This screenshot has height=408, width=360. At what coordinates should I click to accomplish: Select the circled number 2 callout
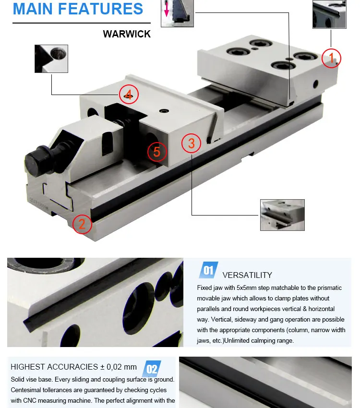point(82,224)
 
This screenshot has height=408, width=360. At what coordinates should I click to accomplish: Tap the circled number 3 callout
point(191,143)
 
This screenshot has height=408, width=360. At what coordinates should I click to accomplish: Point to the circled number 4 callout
point(129,94)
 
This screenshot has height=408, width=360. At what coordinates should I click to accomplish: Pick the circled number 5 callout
point(156,152)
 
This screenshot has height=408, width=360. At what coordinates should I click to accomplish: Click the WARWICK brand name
point(127,35)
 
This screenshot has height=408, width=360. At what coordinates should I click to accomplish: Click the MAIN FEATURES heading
point(78,9)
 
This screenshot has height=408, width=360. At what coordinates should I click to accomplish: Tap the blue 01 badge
point(208,270)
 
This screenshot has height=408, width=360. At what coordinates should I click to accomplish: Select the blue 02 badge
point(152,369)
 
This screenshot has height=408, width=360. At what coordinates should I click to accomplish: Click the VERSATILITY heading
point(247,275)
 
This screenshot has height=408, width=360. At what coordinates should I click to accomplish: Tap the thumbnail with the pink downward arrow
point(177,13)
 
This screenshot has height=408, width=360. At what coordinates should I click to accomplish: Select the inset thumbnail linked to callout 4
point(51,59)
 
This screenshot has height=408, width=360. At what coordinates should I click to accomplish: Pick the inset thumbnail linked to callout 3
point(282,215)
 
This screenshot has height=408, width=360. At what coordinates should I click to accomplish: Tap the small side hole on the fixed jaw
point(315,84)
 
